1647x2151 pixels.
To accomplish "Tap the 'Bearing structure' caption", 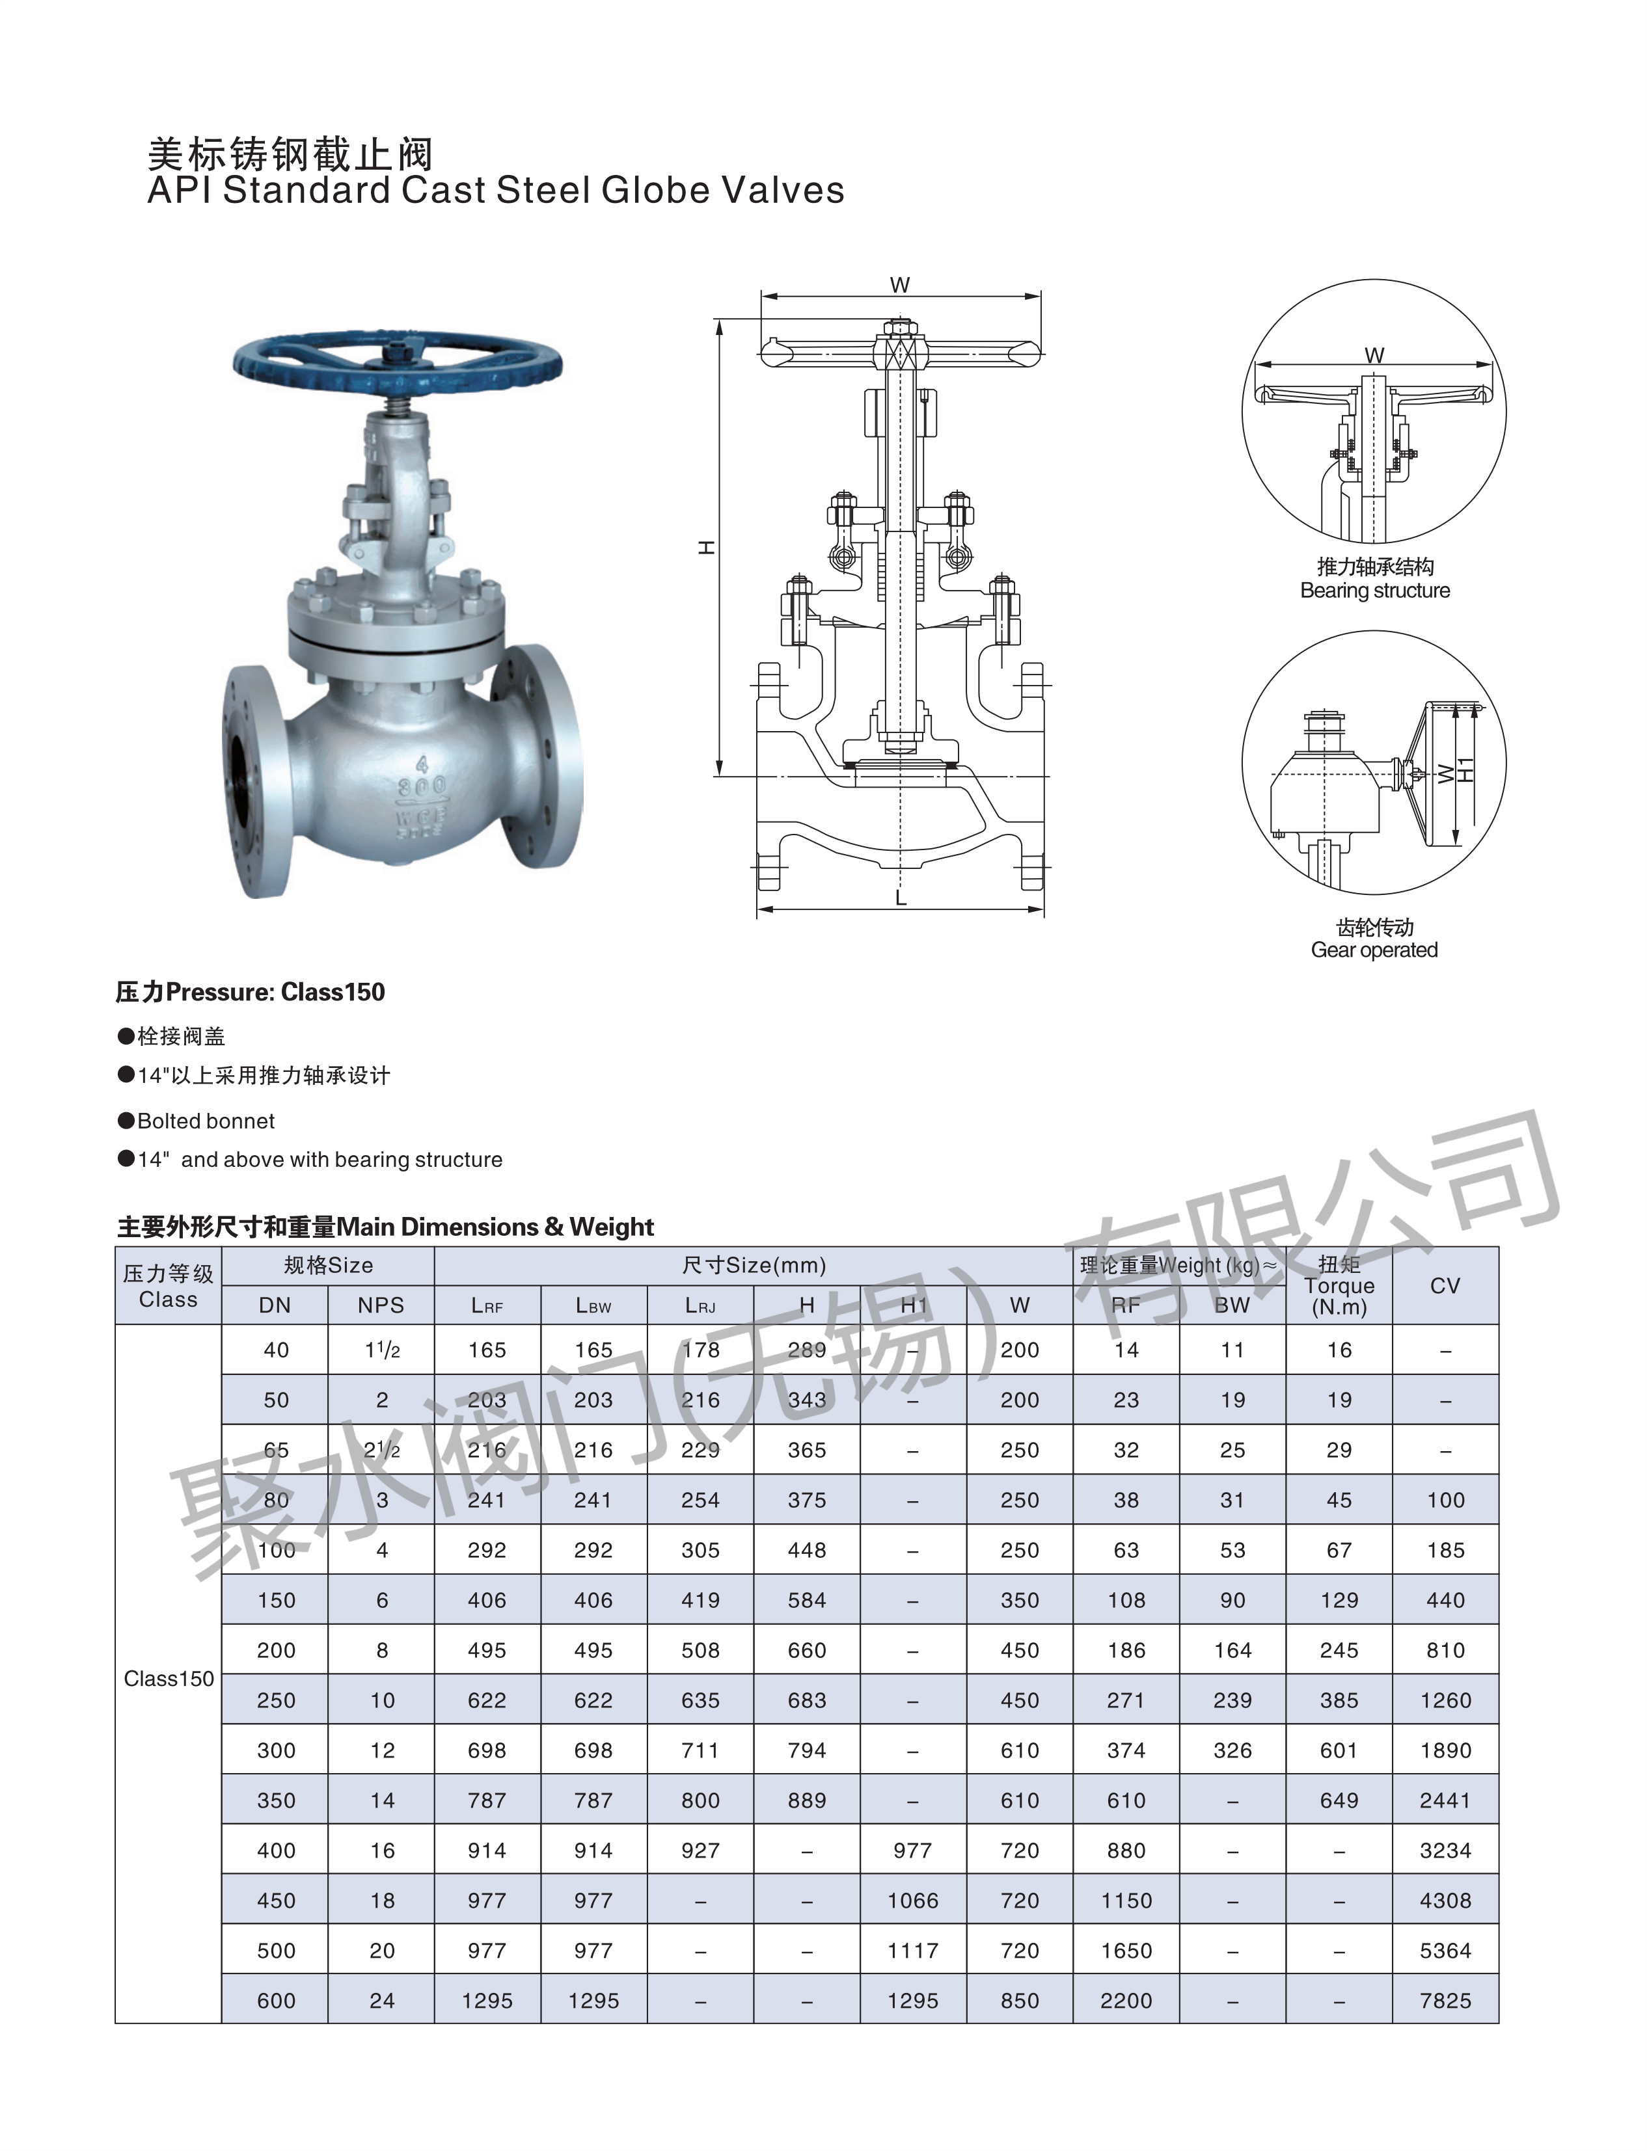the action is tap(1374, 591).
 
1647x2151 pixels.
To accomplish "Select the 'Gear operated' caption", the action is tap(1374, 950).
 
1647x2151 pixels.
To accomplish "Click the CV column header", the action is tap(1445, 1286).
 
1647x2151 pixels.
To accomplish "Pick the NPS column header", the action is tap(381, 1305).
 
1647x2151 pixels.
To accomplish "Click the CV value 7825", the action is tap(1445, 2001).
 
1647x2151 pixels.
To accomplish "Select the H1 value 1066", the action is tap(913, 1901).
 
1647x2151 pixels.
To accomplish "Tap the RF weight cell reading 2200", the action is tap(1126, 2001).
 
